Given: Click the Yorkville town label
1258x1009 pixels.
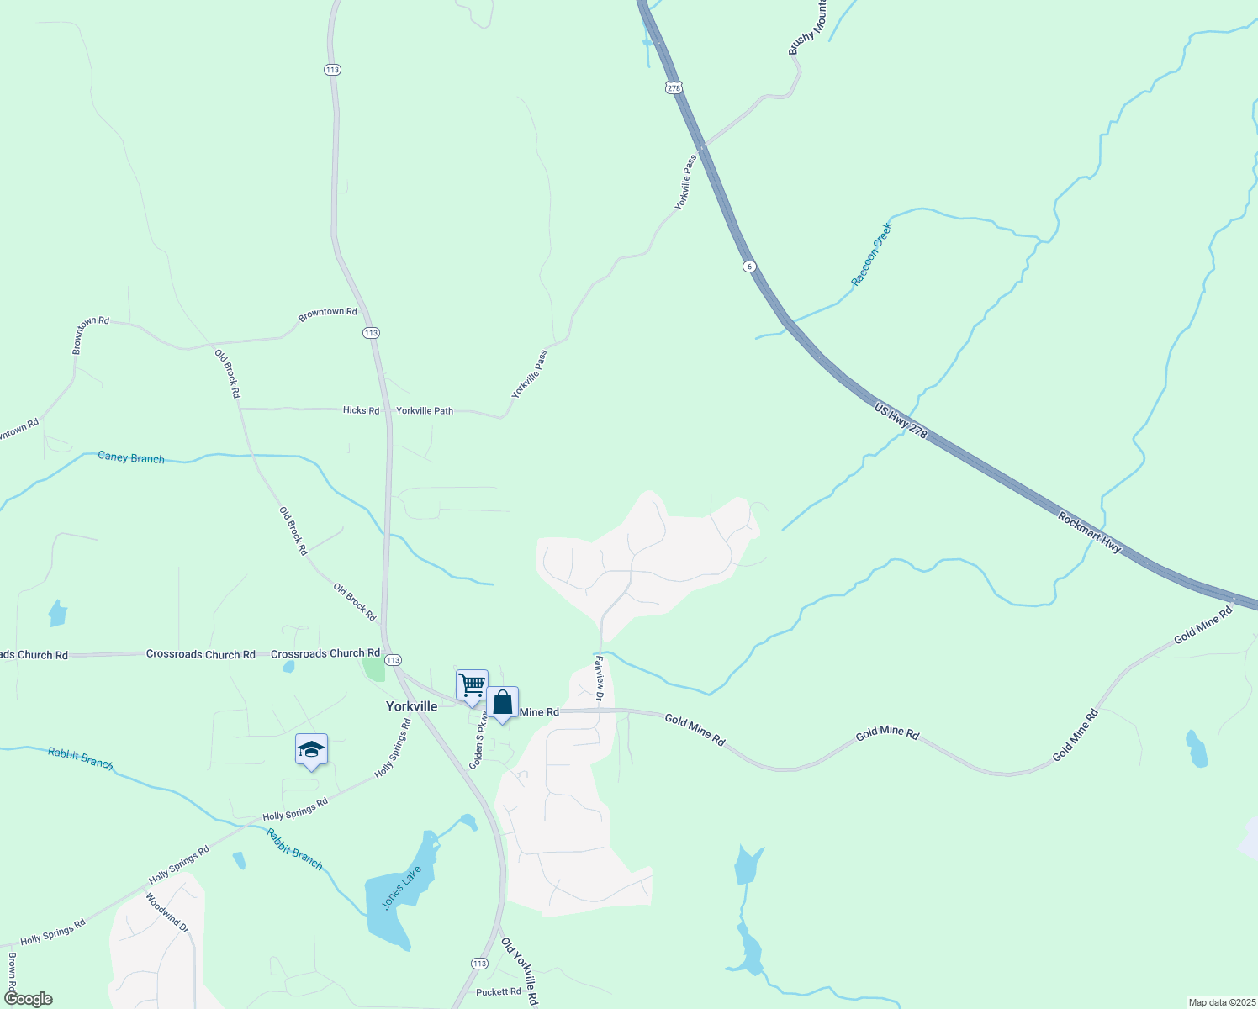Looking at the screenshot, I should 411,706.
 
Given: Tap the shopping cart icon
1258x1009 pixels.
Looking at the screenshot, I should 472,684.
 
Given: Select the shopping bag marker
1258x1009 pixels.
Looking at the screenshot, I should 502,702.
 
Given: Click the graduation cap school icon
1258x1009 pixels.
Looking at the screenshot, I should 311,749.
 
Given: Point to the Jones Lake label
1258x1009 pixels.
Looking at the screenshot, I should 401,887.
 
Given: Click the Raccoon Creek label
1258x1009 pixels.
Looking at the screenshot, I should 870,254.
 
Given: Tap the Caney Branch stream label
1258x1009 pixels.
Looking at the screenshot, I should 131,457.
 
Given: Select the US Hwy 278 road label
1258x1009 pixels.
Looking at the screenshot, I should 901,420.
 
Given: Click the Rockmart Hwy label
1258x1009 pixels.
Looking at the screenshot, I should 1090,532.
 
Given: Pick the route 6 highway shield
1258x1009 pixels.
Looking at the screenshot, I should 749,267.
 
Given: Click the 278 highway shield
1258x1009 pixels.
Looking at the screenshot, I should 673,87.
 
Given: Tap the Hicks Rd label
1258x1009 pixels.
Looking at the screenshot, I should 361,410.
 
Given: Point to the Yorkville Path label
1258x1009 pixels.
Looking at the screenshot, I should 425,411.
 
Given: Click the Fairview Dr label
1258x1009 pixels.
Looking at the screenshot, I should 600,679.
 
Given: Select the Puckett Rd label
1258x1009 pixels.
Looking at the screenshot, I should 499,992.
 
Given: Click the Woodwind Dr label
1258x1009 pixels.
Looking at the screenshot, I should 166,912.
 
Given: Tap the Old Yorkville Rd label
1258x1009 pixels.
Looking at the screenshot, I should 520,971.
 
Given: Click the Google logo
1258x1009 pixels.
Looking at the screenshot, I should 29,999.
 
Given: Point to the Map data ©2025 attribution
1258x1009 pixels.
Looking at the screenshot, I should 1221,1002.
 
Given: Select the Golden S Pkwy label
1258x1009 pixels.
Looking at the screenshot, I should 478,742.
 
